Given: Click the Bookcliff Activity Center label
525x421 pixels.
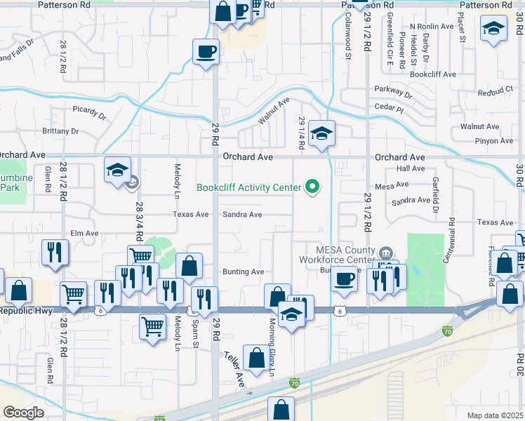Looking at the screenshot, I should (248, 187).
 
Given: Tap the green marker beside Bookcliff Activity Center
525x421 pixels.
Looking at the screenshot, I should (314, 187).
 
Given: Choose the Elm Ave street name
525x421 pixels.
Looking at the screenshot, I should (84, 233).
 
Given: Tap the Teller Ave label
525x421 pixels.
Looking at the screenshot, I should (234, 370).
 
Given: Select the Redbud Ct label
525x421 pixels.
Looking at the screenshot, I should (496, 91).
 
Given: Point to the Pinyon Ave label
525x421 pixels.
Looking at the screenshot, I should (493, 141).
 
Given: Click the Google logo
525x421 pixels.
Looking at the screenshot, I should (24, 412).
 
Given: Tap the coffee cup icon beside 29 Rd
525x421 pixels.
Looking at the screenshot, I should (206, 51).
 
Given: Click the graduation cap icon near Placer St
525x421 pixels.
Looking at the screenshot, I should (493, 29).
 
